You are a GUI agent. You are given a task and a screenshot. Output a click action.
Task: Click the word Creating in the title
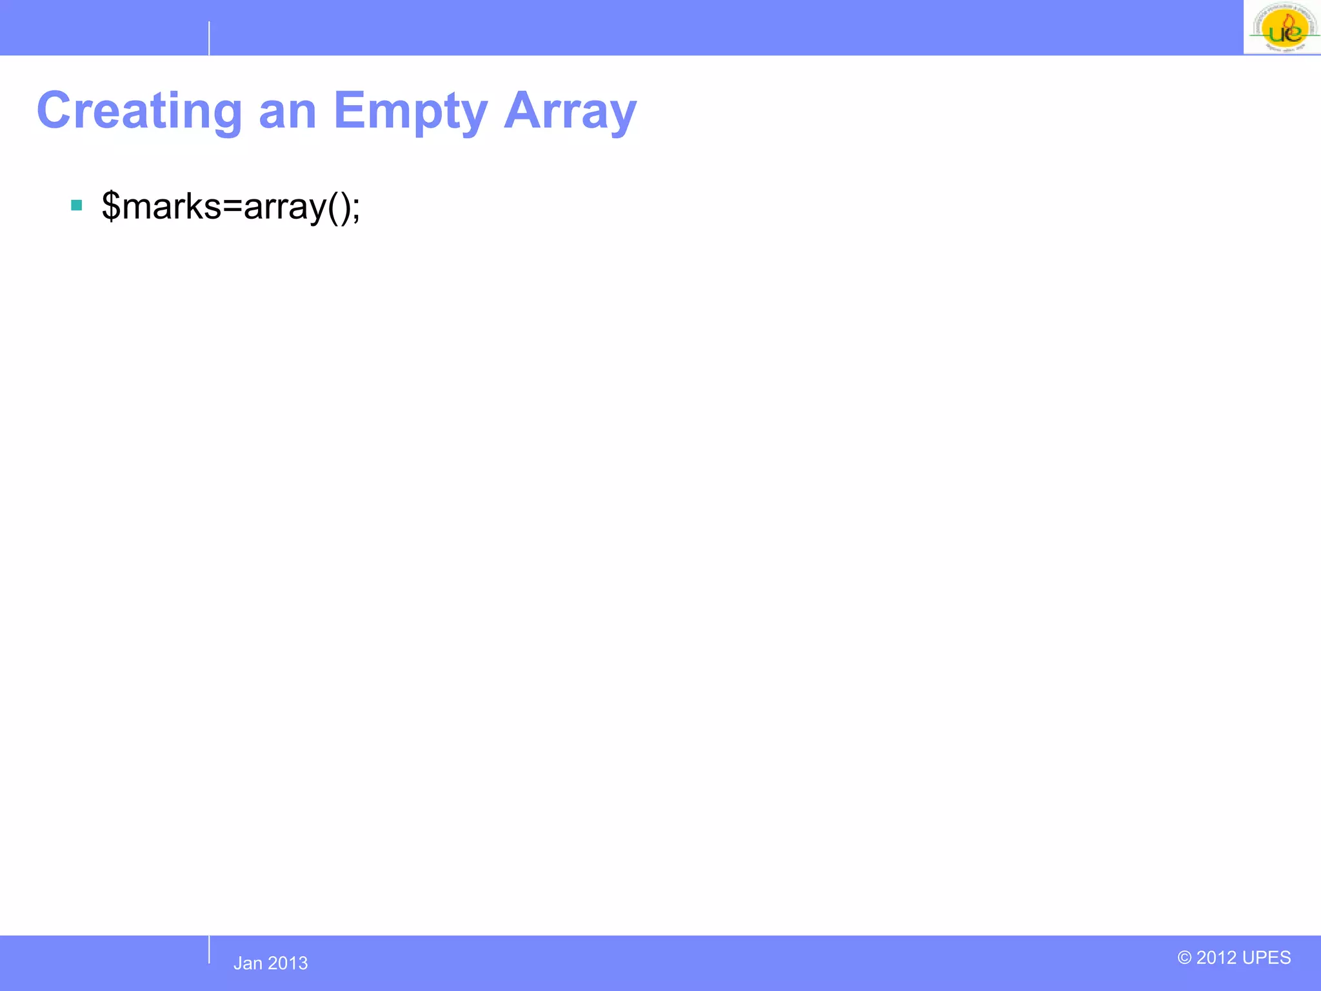point(139,112)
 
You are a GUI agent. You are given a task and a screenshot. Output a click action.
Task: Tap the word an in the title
point(288,112)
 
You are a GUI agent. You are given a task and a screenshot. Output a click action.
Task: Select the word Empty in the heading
point(410,112)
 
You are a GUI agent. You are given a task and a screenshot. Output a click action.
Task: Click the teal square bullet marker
point(77,206)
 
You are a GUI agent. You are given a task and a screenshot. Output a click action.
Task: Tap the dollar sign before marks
point(111,206)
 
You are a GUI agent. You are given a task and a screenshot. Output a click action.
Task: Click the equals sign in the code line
point(232,206)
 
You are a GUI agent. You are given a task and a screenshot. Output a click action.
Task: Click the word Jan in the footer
point(248,963)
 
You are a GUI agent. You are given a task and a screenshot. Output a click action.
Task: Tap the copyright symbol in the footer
point(1184,957)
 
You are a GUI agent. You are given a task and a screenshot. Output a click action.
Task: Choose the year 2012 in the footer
point(1217,957)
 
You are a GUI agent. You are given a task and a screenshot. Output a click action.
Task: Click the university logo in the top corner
point(1282,28)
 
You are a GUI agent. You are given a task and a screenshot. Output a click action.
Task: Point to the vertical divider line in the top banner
point(209,38)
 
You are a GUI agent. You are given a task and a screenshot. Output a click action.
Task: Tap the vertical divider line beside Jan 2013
point(209,950)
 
